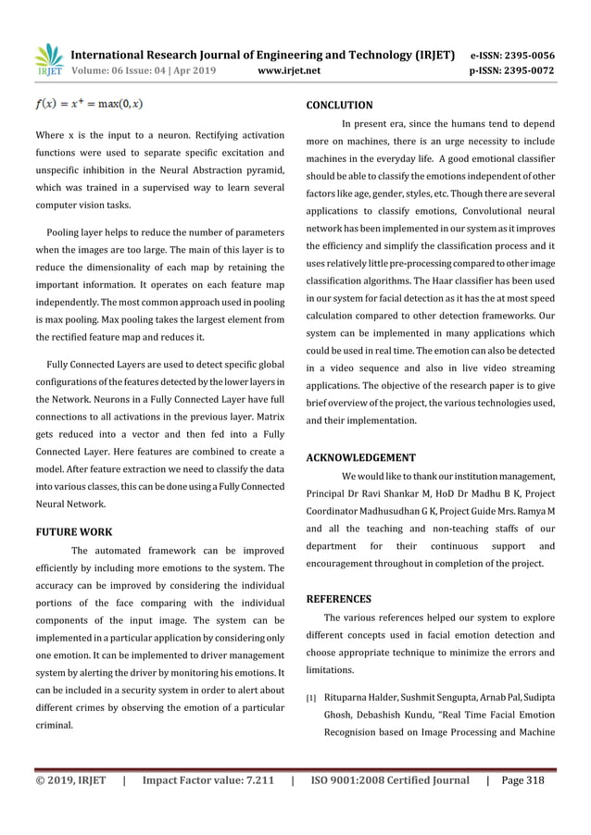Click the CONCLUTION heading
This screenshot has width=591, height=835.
point(339,106)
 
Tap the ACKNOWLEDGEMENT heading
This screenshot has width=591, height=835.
point(360,457)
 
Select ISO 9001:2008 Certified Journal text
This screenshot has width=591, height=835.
point(390,780)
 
